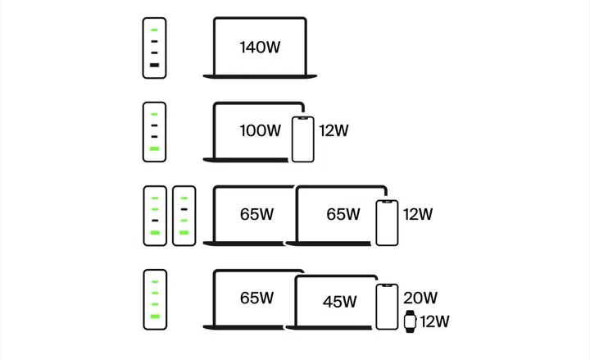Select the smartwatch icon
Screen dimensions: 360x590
coord(410,321)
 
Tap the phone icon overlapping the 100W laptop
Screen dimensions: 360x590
coord(302,139)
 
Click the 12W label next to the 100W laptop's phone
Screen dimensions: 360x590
coord(334,130)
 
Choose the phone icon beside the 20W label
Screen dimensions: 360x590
coord(388,308)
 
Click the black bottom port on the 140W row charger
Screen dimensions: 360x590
coord(154,64)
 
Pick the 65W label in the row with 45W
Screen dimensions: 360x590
coord(256,298)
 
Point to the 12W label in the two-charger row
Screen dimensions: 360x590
coord(418,214)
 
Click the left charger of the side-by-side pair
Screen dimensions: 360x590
coord(155,216)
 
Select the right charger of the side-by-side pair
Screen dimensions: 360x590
coord(184,216)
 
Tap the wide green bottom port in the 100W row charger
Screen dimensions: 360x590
coord(154,149)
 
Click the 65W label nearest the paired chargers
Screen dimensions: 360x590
coord(256,214)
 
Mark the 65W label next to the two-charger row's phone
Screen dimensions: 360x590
coord(343,214)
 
